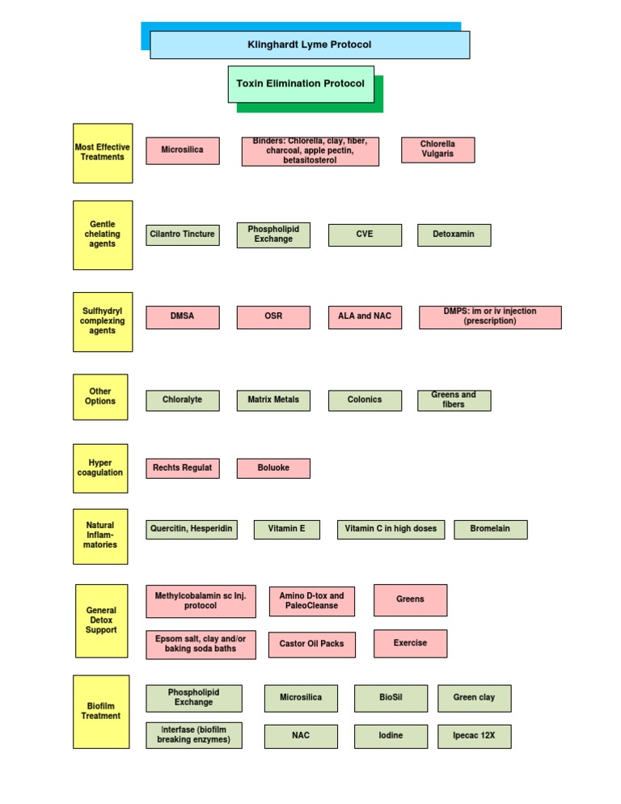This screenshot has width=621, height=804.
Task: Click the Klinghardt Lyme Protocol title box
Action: tap(310, 45)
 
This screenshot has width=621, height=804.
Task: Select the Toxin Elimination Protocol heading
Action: tap(301, 84)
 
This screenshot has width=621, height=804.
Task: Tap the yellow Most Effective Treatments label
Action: tap(103, 153)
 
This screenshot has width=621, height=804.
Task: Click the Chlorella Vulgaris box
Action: tap(437, 150)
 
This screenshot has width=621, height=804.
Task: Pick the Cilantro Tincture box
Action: tap(182, 235)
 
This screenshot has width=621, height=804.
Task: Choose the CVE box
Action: tap(365, 235)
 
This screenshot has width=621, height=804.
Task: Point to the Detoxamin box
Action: tap(454, 235)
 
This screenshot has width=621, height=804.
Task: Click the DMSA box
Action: tap(182, 317)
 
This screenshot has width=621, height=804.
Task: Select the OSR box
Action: tap(273, 317)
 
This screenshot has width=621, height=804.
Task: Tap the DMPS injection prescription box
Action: tap(490, 317)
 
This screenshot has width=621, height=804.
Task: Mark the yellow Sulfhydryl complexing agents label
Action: tap(103, 322)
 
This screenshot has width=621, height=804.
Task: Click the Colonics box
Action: tap(365, 400)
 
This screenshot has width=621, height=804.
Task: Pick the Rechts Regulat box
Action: tap(182, 468)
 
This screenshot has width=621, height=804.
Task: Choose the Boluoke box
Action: tap(273, 468)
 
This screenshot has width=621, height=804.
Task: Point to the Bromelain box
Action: tap(491, 530)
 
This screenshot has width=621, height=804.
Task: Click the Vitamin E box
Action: tap(287, 530)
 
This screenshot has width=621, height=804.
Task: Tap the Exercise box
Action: tap(410, 644)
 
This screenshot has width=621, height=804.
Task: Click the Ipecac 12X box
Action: tap(474, 736)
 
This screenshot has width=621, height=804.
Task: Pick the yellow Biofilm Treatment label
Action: tap(101, 712)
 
